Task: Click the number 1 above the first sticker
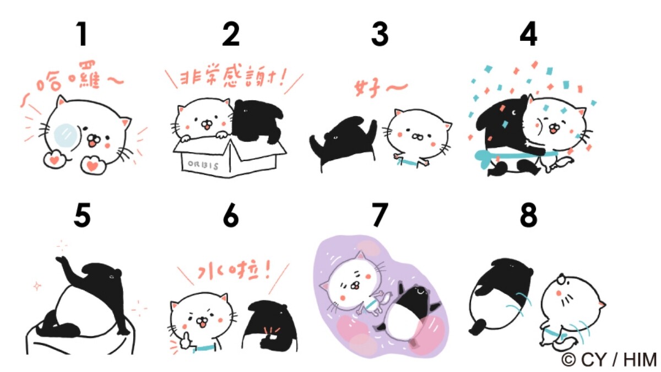point(82,34)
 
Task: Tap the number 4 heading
point(528,34)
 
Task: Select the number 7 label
point(380,215)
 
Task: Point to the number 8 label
point(528,215)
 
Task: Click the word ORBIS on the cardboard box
point(203,165)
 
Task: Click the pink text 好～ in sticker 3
point(380,88)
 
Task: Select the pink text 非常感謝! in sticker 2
point(233,77)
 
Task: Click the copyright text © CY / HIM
point(609,359)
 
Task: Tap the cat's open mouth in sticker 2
point(208,127)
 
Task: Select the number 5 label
point(82,215)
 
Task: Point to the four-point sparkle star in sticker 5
point(37,286)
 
